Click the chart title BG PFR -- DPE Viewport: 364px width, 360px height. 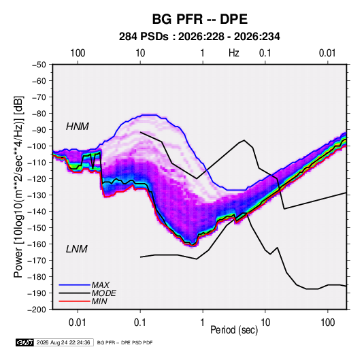point(200,19)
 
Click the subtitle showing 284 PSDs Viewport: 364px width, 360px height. point(199,37)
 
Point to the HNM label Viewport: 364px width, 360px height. point(78,127)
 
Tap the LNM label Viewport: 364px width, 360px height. point(77,249)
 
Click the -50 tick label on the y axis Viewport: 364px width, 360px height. point(39,65)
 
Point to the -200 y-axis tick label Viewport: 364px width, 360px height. point(37,310)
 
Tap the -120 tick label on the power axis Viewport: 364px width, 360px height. point(37,179)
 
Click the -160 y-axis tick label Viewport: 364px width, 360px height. point(37,244)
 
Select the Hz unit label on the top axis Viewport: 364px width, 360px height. point(234,53)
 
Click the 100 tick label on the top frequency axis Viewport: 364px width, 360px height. point(78,53)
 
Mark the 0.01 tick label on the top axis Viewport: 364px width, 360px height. point(327,53)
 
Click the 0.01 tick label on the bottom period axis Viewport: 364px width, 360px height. point(78,323)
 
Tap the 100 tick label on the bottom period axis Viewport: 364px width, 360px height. point(327,323)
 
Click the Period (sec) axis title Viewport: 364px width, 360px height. point(234,330)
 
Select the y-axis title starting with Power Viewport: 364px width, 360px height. point(18,187)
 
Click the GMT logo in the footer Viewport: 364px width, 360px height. point(25,342)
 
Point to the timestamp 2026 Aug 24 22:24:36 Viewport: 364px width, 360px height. point(63,342)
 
